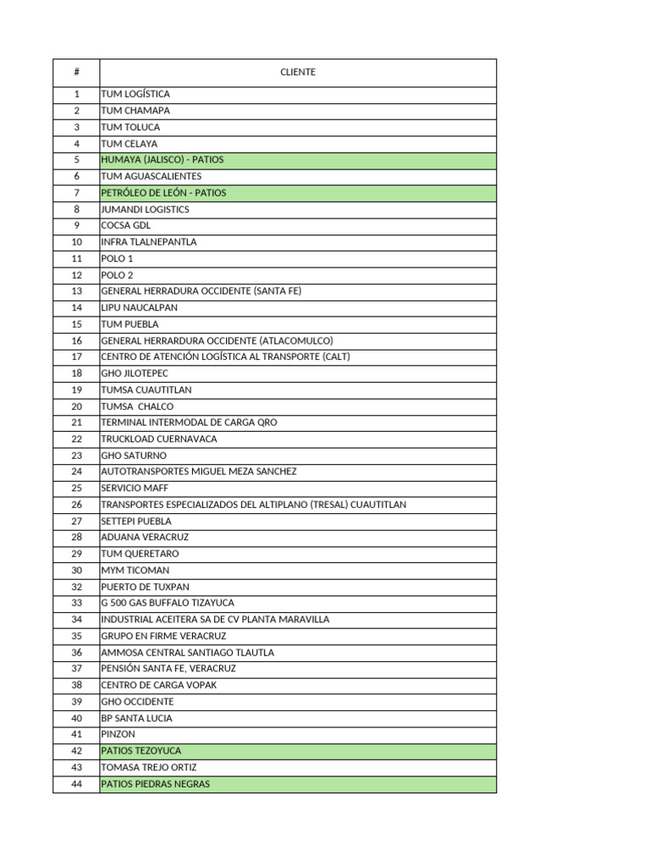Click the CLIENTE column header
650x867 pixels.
297,72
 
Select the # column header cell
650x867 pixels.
76,72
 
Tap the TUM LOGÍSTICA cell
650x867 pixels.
135,94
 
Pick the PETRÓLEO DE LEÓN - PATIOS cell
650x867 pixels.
163,193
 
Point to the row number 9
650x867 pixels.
76,226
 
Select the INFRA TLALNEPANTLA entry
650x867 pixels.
148,242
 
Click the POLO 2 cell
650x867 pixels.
117,275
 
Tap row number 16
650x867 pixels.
76,340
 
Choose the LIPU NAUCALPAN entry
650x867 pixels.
140,308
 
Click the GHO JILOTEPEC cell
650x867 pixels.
135,373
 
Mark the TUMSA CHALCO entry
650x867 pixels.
137,406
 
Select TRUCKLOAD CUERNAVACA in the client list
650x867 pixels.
159,439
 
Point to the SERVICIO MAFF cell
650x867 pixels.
135,489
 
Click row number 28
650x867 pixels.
76,538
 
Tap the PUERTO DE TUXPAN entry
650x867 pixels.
145,587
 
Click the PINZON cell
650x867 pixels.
118,734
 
